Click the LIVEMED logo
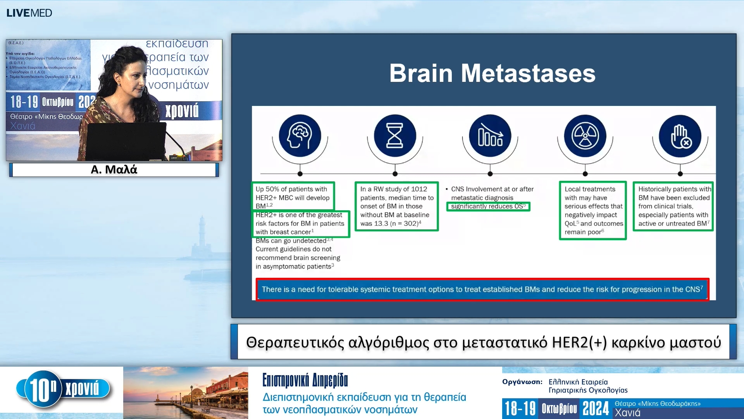tap(29, 13)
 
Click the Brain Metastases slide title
tap(492, 73)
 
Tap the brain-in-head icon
tap(300, 136)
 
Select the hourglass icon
tap(395, 136)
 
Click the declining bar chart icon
tap(490, 136)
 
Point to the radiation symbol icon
tap(585, 136)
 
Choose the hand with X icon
tap(680, 136)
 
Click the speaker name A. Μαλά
tap(114, 170)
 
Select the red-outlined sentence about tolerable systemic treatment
tap(482, 289)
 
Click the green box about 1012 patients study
tap(396, 206)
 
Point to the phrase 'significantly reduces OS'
tap(488, 206)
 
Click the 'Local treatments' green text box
tap(592, 210)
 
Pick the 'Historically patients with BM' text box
tap(673, 206)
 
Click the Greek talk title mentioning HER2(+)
tap(483, 342)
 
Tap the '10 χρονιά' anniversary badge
tap(64, 389)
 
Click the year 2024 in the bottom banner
tap(596, 409)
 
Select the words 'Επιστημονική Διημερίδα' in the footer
tap(305, 380)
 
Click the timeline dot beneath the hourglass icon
tap(395, 174)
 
